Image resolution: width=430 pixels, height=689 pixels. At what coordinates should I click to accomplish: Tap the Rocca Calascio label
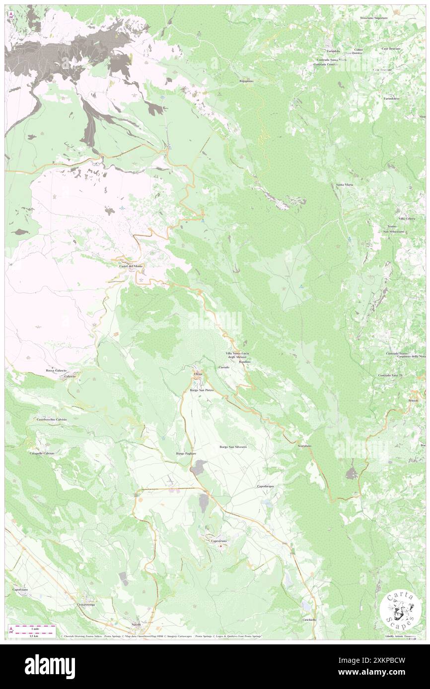56,370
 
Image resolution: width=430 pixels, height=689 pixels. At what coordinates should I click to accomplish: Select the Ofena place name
198,373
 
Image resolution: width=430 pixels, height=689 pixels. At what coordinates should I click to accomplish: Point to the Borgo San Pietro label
202,391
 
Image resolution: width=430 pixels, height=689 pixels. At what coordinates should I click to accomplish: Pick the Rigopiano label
246,81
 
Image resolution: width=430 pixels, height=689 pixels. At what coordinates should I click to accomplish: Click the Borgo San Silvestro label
233,447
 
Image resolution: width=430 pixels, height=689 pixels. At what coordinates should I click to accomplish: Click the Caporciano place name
23,589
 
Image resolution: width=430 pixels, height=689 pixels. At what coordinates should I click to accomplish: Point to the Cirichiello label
309,620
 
